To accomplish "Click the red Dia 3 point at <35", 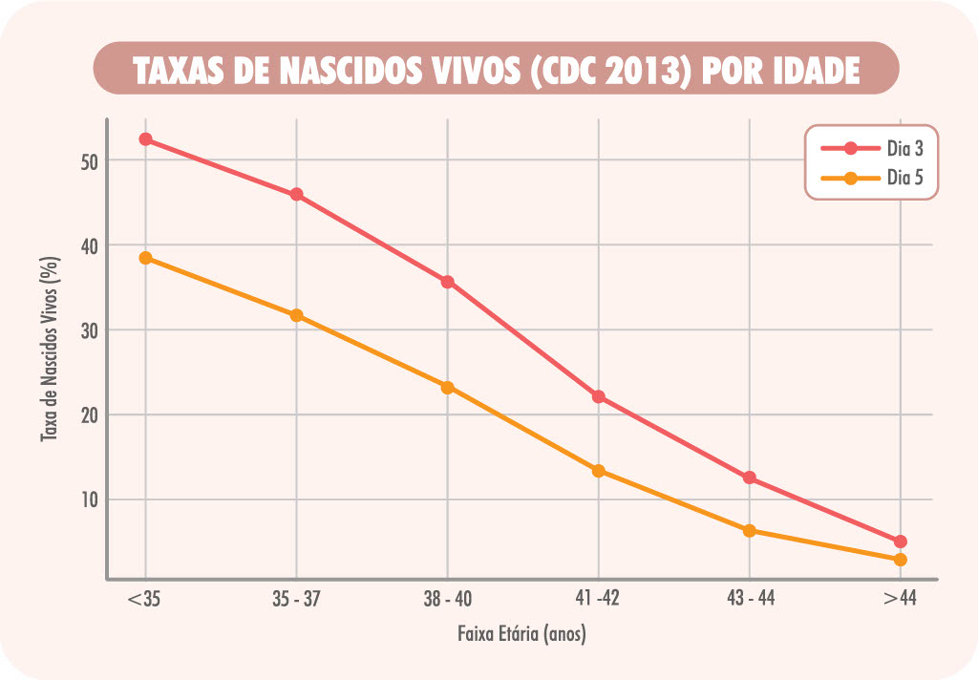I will pyautogui.click(x=145, y=139).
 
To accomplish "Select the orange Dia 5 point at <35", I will pyautogui.click(x=145, y=258).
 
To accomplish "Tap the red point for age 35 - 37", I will pyautogui.click(x=296, y=195).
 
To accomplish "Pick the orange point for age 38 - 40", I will pyautogui.click(x=447, y=388).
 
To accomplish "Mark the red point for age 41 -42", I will pyautogui.click(x=598, y=396).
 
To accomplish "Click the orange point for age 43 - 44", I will pyautogui.click(x=749, y=531).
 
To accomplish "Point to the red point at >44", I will pyautogui.click(x=900, y=542).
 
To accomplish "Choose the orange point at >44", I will pyautogui.click(x=900, y=560).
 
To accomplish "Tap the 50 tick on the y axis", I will pyautogui.click(x=90, y=161).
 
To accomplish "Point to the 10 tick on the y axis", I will pyautogui.click(x=90, y=499).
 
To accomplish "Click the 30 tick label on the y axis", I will pyautogui.click(x=90, y=330).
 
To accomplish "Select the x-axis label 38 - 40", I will pyautogui.click(x=447, y=600).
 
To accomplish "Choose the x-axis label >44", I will pyautogui.click(x=901, y=600).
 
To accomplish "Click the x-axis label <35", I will pyautogui.click(x=145, y=600).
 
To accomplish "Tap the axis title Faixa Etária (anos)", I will pyautogui.click(x=521, y=633).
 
